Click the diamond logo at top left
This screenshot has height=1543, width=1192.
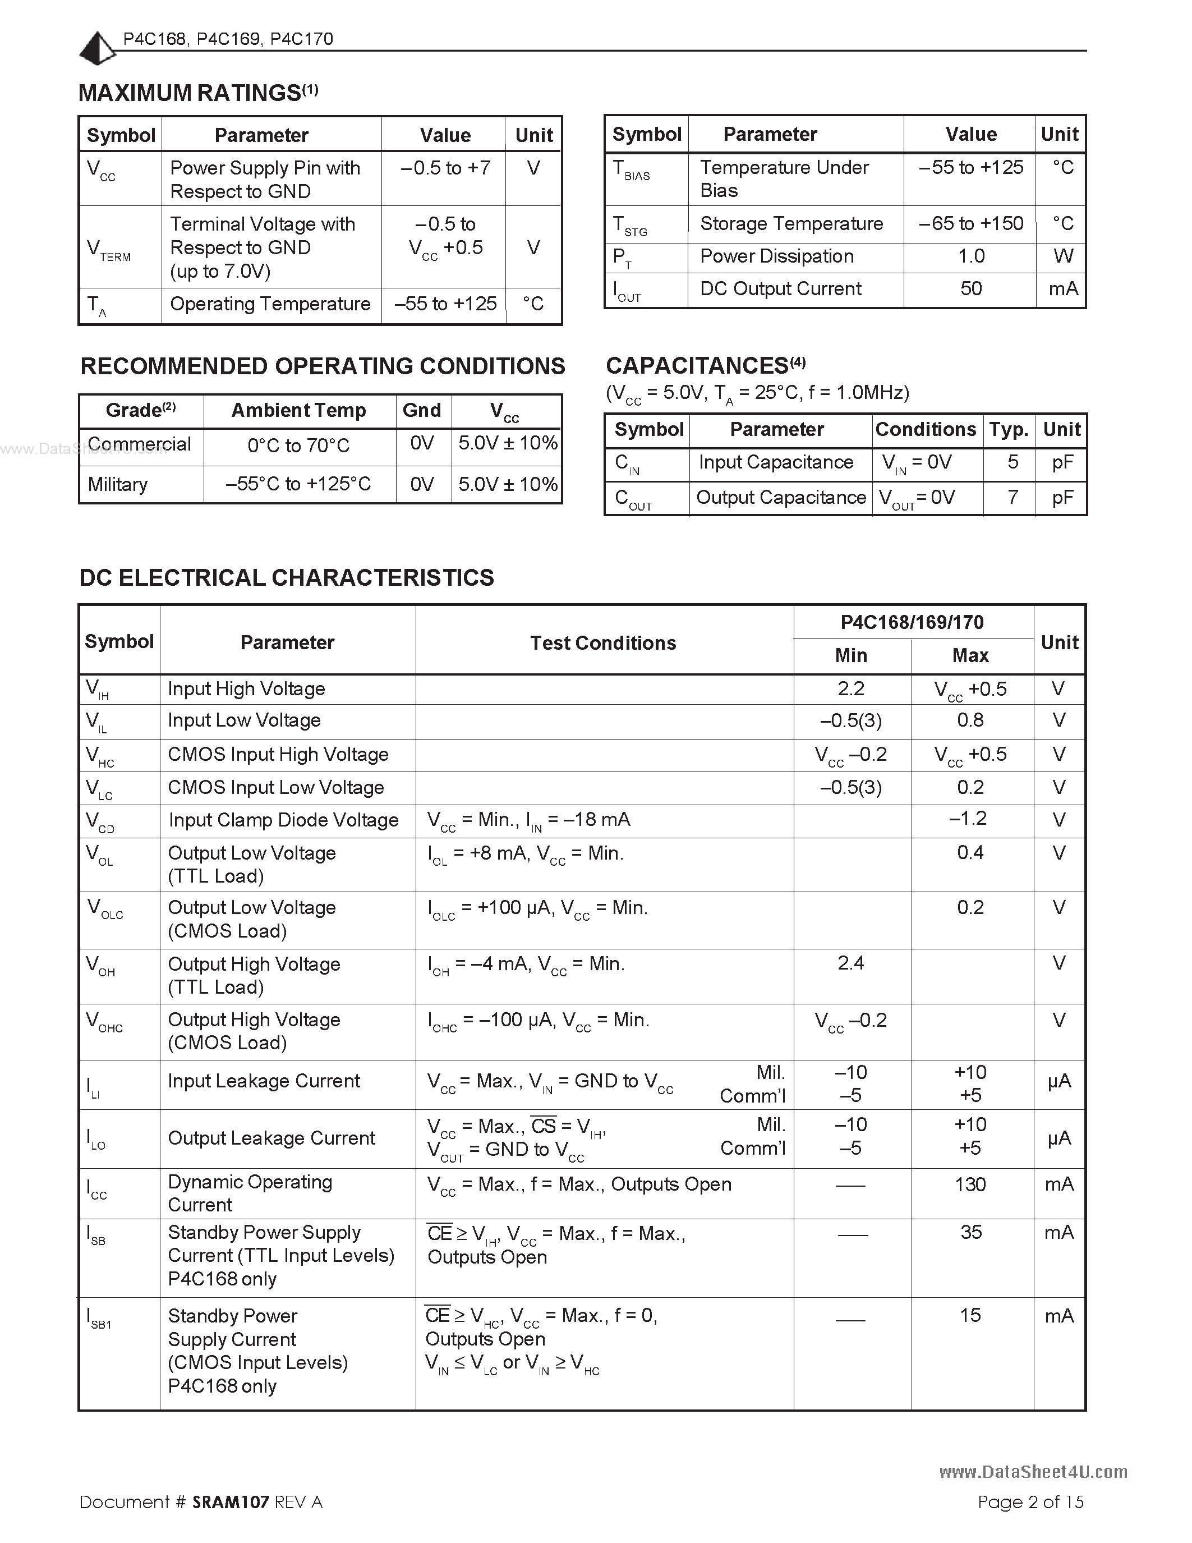(96, 49)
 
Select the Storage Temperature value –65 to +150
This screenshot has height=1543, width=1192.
(970, 224)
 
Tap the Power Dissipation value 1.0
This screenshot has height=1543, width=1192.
(970, 256)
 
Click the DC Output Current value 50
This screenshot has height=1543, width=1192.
(970, 288)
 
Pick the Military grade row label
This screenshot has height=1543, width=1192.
(117, 485)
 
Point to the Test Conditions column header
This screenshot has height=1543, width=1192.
(603, 643)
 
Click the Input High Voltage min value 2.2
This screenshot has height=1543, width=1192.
(850, 689)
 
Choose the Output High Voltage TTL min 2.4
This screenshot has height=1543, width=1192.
(850, 963)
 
